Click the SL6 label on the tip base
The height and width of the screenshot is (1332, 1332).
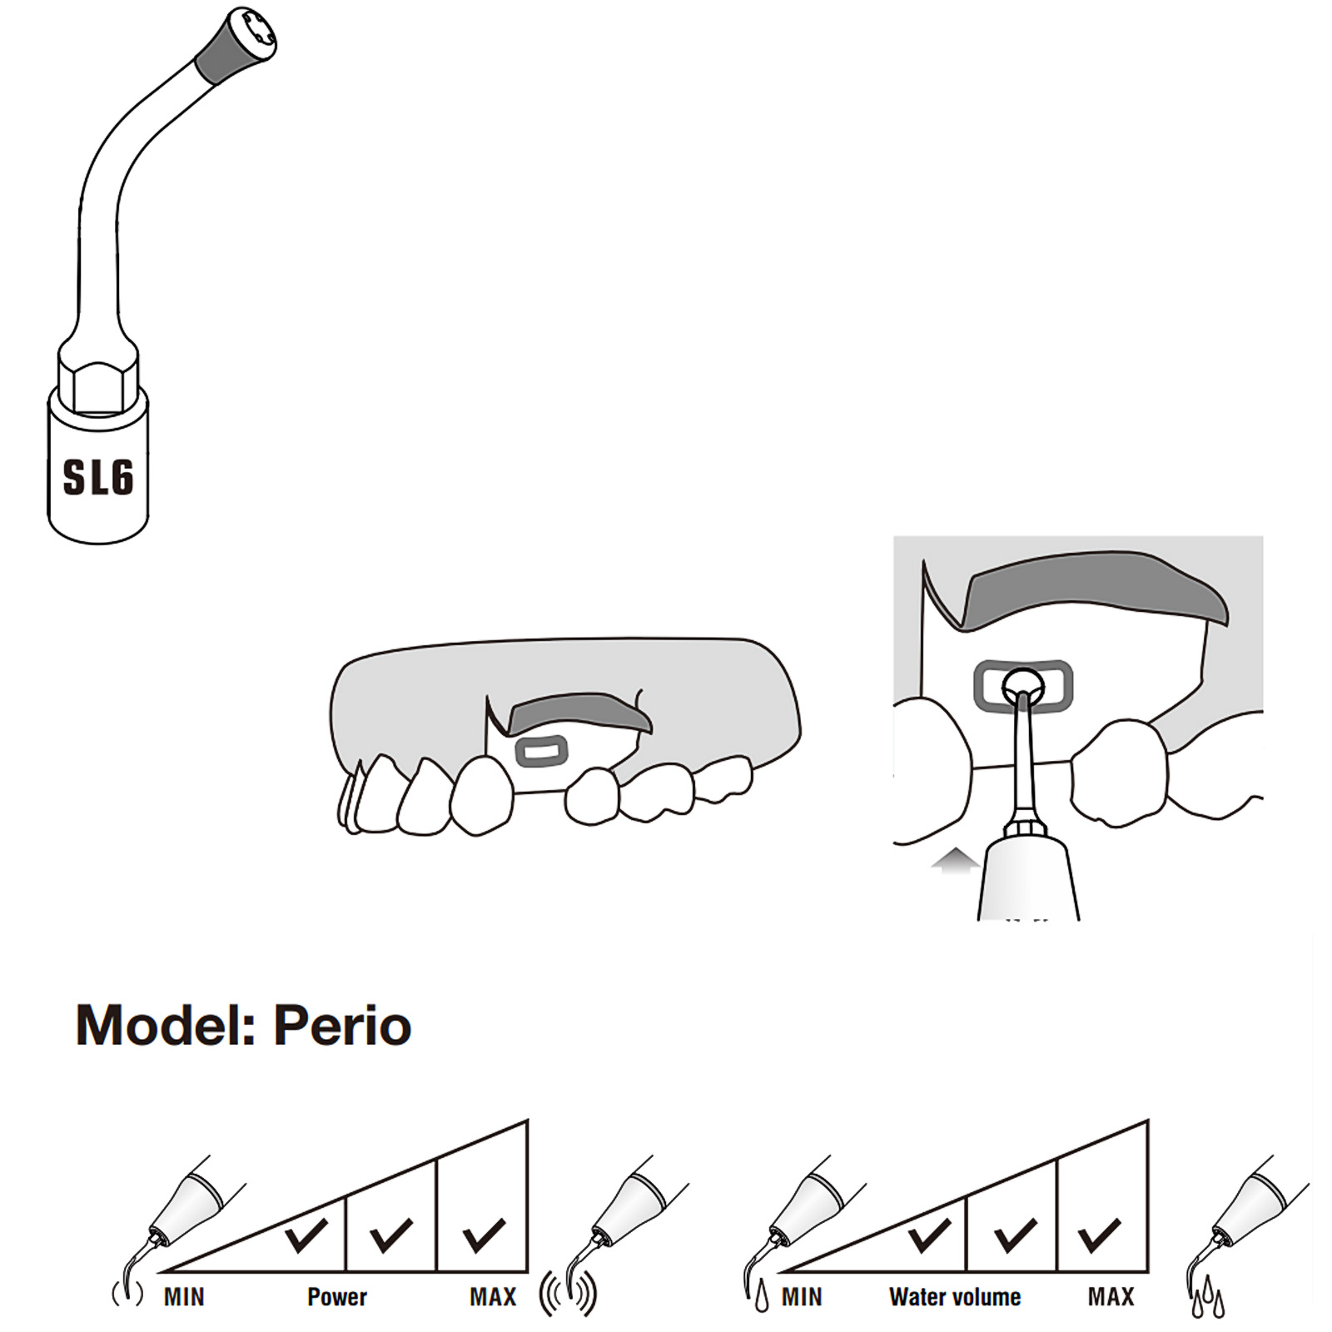click(98, 477)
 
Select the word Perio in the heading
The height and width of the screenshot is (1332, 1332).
click(342, 1025)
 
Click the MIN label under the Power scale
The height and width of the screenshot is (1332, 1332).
click(184, 1297)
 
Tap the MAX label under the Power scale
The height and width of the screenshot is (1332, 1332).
click(493, 1297)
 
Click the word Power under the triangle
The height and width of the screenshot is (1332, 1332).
click(337, 1297)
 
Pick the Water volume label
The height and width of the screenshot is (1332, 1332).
click(955, 1297)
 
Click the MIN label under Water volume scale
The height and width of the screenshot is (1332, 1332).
click(802, 1297)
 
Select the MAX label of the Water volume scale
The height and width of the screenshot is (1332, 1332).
click(1111, 1297)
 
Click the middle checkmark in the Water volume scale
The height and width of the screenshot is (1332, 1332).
click(1015, 1235)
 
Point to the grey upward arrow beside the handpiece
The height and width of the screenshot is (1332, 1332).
click(956, 862)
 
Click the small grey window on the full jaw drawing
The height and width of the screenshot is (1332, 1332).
click(541, 752)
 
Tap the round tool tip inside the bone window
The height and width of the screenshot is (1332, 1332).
click(1022, 684)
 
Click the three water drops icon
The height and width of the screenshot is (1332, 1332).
click(1207, 1295)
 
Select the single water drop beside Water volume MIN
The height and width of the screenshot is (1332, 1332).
click(762, 1299)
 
